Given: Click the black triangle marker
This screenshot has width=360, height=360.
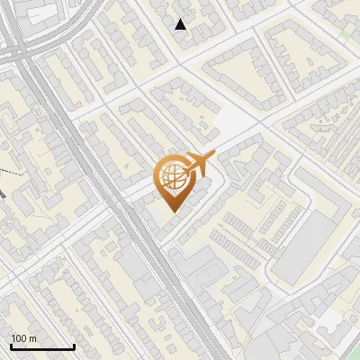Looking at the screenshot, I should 181,24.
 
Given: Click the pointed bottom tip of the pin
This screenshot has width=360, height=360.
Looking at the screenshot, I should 173,212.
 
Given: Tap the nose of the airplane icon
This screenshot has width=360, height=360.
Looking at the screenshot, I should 214,155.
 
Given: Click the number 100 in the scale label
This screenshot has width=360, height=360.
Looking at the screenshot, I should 19,337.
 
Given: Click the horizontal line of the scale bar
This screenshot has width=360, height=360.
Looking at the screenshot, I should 41,346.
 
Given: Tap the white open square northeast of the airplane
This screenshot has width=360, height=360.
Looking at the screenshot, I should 232,125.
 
